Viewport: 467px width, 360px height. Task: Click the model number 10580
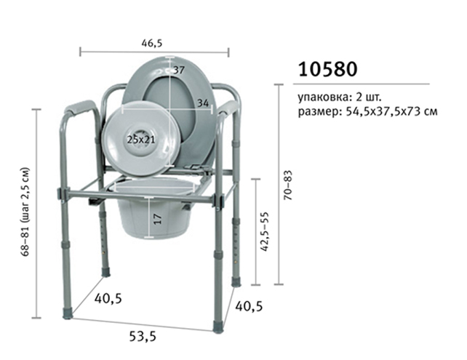[327, 69]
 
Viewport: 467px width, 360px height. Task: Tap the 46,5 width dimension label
[152, 43]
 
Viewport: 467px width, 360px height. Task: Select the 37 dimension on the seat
[179, 71]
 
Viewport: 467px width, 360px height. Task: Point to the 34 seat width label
[203, 103]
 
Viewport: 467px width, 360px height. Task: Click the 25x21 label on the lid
[141, 139]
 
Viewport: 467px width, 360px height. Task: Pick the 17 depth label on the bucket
[158, 219]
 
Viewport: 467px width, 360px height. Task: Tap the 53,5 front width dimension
[143, 337]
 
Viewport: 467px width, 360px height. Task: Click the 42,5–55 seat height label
[264, 232]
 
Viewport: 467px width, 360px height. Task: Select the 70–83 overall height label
[288, 185]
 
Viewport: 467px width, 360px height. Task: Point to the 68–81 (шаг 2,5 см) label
[25, 212]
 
